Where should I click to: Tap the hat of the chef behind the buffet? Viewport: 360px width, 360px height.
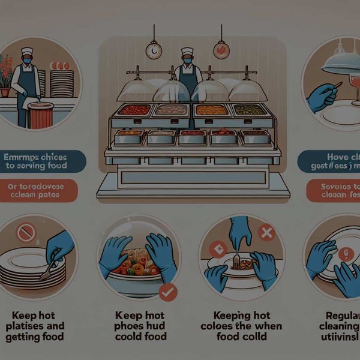[x=187, y=52]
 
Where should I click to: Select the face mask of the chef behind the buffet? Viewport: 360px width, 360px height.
[x=188, y=61]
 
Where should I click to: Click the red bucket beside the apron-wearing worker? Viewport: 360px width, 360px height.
[x=41, y=115]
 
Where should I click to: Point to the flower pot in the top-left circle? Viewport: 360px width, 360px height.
[x=5, y=91]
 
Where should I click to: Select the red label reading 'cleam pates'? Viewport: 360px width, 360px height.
[x=39, y=191]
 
